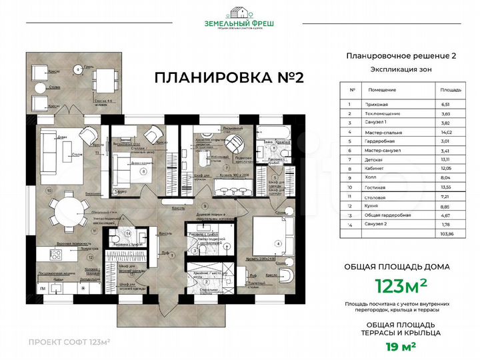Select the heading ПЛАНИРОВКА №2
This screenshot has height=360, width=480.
229,77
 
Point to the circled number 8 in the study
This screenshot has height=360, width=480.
143,171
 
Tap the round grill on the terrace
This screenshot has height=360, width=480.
79,68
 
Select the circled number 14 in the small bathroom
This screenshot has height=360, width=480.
128,235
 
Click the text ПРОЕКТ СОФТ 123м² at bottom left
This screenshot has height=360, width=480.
69,342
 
